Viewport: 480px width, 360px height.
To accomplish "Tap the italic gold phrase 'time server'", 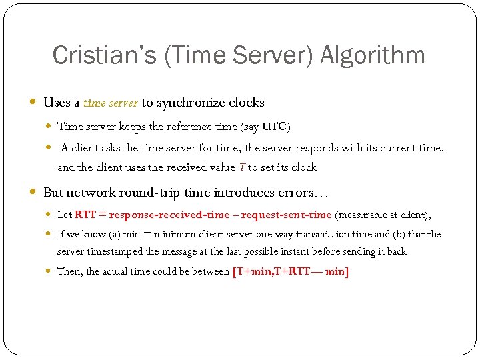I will click(111, 103).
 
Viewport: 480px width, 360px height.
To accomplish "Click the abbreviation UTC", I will click(277, 126).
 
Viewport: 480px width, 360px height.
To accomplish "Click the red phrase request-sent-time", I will click(286, 215).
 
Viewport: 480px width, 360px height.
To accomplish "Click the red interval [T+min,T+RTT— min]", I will click(291, 272).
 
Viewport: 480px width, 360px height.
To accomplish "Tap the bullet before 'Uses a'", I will click(34, 103).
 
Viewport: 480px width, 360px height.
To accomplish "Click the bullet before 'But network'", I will click(34, 193).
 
